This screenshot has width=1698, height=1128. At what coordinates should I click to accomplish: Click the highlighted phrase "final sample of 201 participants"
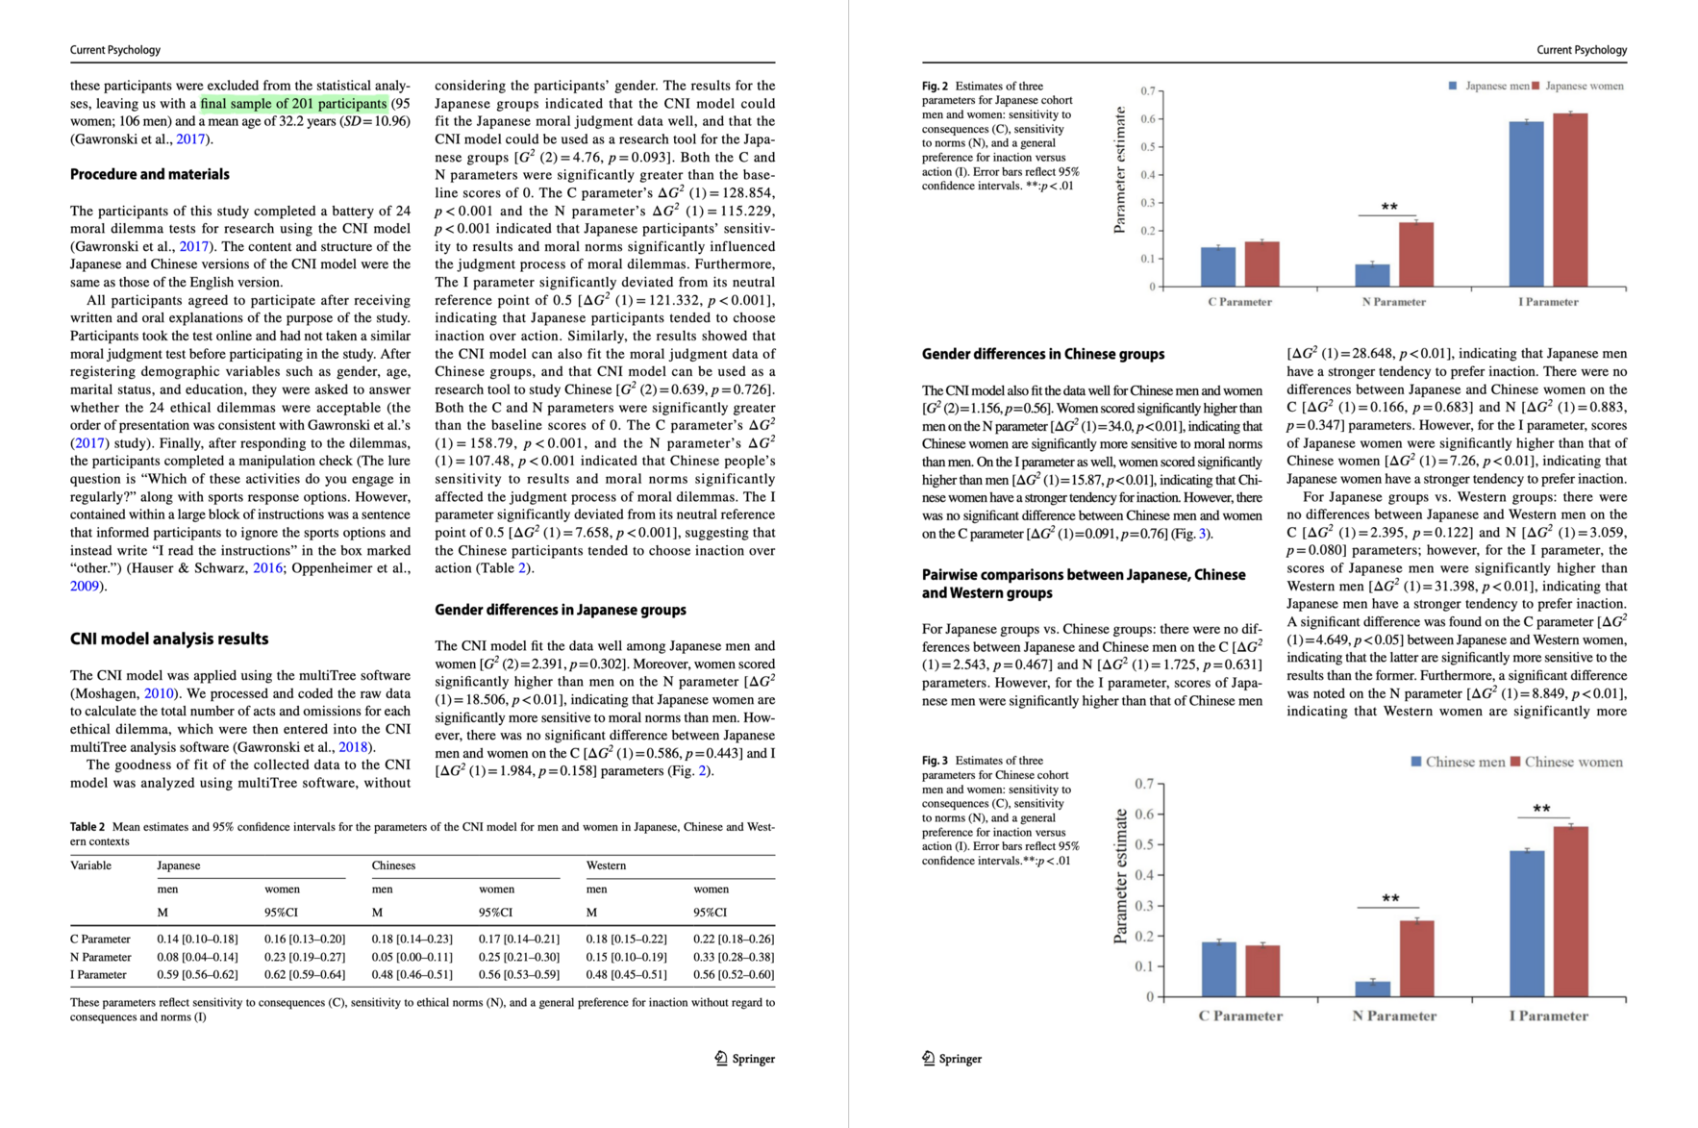click(293, 104)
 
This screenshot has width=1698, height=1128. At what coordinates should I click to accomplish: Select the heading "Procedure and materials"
click(150, 174)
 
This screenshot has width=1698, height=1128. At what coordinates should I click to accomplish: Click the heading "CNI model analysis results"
click(169, 639)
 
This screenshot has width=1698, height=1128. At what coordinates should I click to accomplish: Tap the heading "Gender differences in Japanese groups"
click(561, 610)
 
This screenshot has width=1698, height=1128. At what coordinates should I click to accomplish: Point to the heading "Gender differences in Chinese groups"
click(1043, 354)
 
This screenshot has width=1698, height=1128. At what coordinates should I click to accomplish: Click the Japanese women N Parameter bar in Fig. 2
click(1415, 255)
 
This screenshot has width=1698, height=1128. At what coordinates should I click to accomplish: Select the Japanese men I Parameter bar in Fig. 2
click(1526, 204)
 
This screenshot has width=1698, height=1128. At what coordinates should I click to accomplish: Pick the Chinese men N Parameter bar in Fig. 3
click(1372, 989)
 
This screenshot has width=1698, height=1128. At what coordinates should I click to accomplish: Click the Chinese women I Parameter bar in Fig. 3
click(1570, 911)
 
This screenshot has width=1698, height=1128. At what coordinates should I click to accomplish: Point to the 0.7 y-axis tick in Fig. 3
click(1143, 784)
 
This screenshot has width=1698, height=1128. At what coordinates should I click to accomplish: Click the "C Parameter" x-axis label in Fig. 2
click(1239, 302)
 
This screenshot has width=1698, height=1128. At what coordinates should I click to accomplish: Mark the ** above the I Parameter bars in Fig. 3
click(1541, 809)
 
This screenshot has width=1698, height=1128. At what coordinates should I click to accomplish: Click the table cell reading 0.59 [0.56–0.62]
click(197, 974)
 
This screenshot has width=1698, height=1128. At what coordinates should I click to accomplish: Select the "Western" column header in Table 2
click(606, 865)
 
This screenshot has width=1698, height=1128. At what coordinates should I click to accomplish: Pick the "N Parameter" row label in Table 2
click(101, 957)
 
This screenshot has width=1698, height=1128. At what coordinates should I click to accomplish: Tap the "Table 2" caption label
click(87, 827)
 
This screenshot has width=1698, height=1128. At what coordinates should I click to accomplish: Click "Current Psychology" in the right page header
click(1581, 50)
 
